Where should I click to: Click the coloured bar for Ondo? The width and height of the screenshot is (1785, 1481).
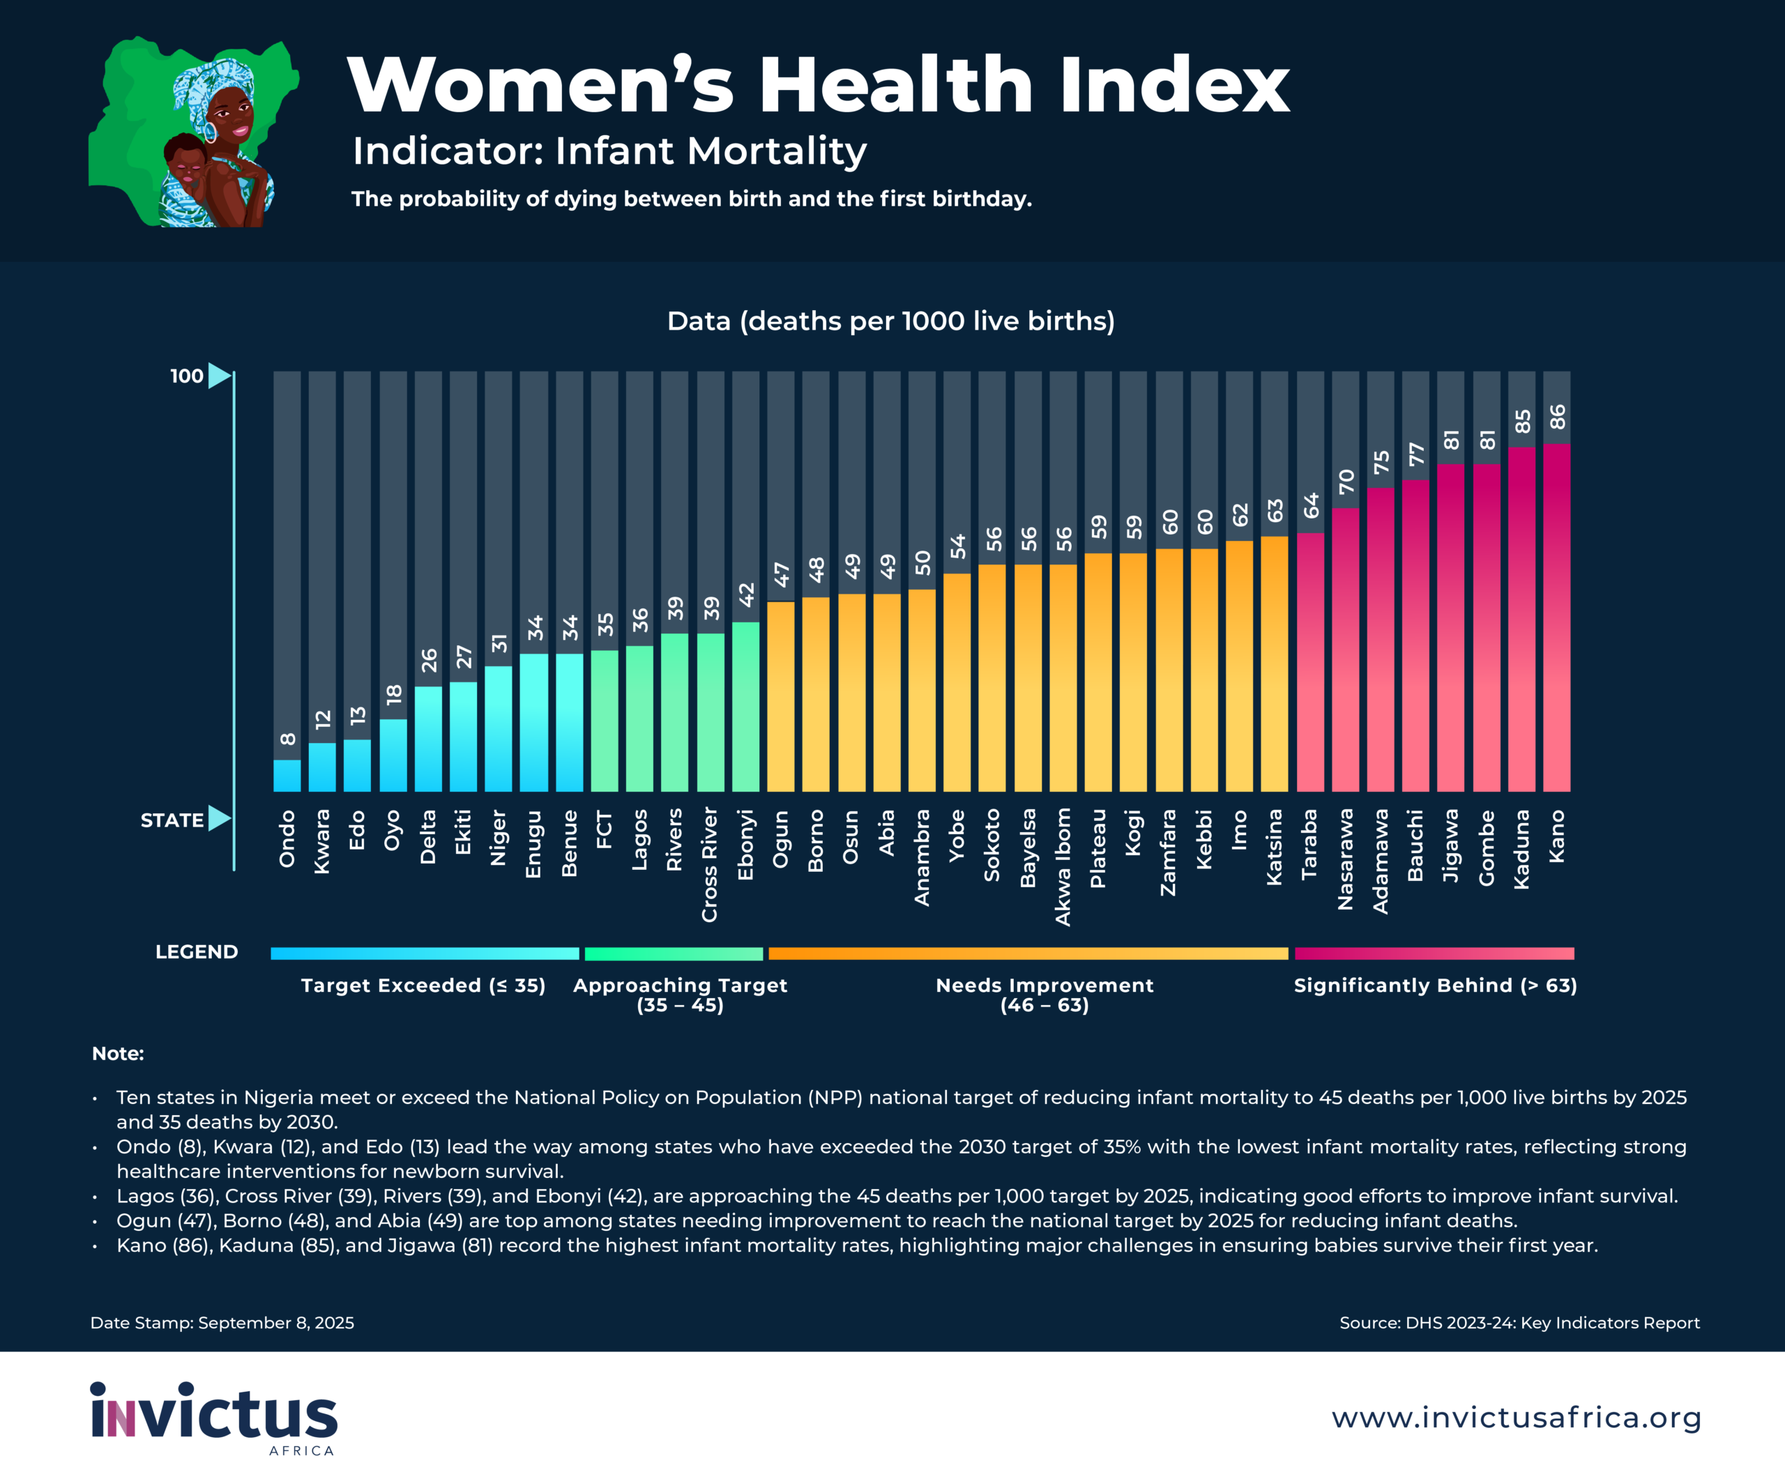[x=287, y=775]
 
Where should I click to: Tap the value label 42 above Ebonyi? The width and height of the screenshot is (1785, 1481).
[x=745, y=594]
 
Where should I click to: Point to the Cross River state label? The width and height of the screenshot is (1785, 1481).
[x=709, y=864]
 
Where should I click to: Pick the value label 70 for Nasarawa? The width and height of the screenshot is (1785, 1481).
[x=1346, y=482]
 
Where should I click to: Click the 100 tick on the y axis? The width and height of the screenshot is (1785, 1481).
[x=187, y=376]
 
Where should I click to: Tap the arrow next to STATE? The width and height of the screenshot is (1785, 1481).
[x=220, y=818]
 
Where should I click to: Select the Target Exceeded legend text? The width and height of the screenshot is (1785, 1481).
[x=423, y=985]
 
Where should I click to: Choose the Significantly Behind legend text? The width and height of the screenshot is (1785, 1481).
[x=1435, y=985]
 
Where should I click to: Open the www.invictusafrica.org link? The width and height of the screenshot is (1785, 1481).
[x=1516, y=1418]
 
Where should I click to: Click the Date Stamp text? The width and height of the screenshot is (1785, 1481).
[x=222, y=1322]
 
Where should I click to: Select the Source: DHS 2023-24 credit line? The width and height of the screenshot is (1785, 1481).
[x=1519, y=1322]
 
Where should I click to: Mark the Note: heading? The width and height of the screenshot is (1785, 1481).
[x=118, y=1054]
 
